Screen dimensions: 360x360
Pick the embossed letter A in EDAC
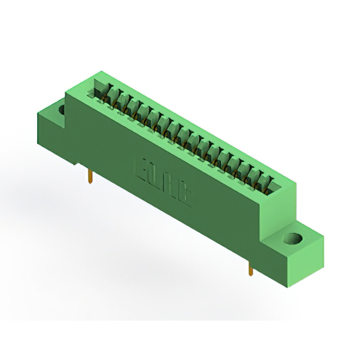point(170,185)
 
